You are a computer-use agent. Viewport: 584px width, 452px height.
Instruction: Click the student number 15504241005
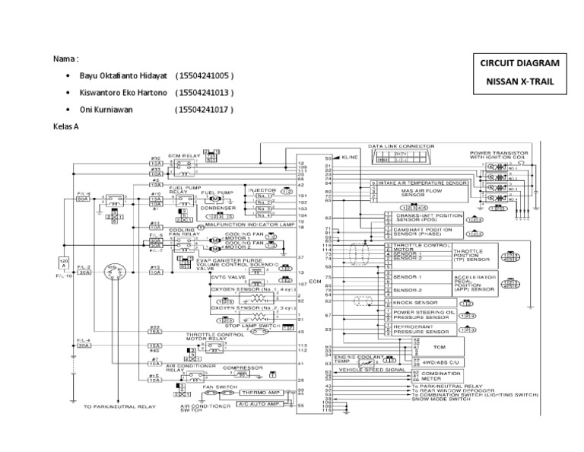tap(204, 77)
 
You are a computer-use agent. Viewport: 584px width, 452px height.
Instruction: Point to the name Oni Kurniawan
tap(106, 109)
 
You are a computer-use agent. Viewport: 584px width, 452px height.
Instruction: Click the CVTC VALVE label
tap(204, 279)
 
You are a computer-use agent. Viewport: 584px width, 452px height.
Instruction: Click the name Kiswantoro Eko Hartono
tap(116, 93)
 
